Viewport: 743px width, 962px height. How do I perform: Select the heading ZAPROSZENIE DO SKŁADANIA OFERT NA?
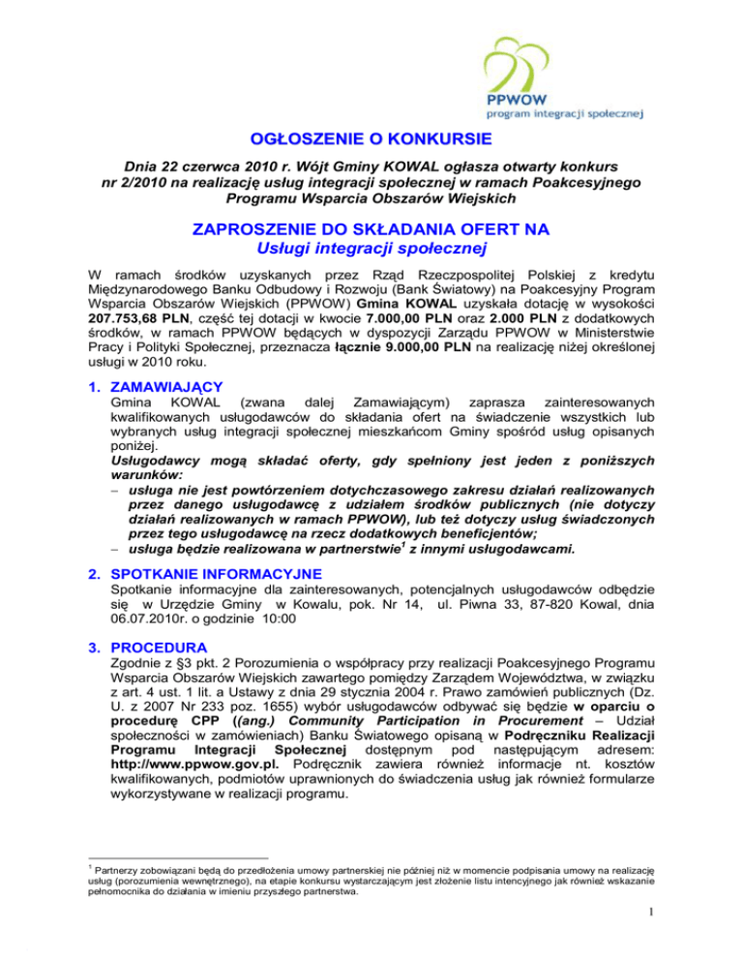click(371, 230)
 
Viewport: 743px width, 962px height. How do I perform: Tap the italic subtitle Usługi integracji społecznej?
click(371, 251)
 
